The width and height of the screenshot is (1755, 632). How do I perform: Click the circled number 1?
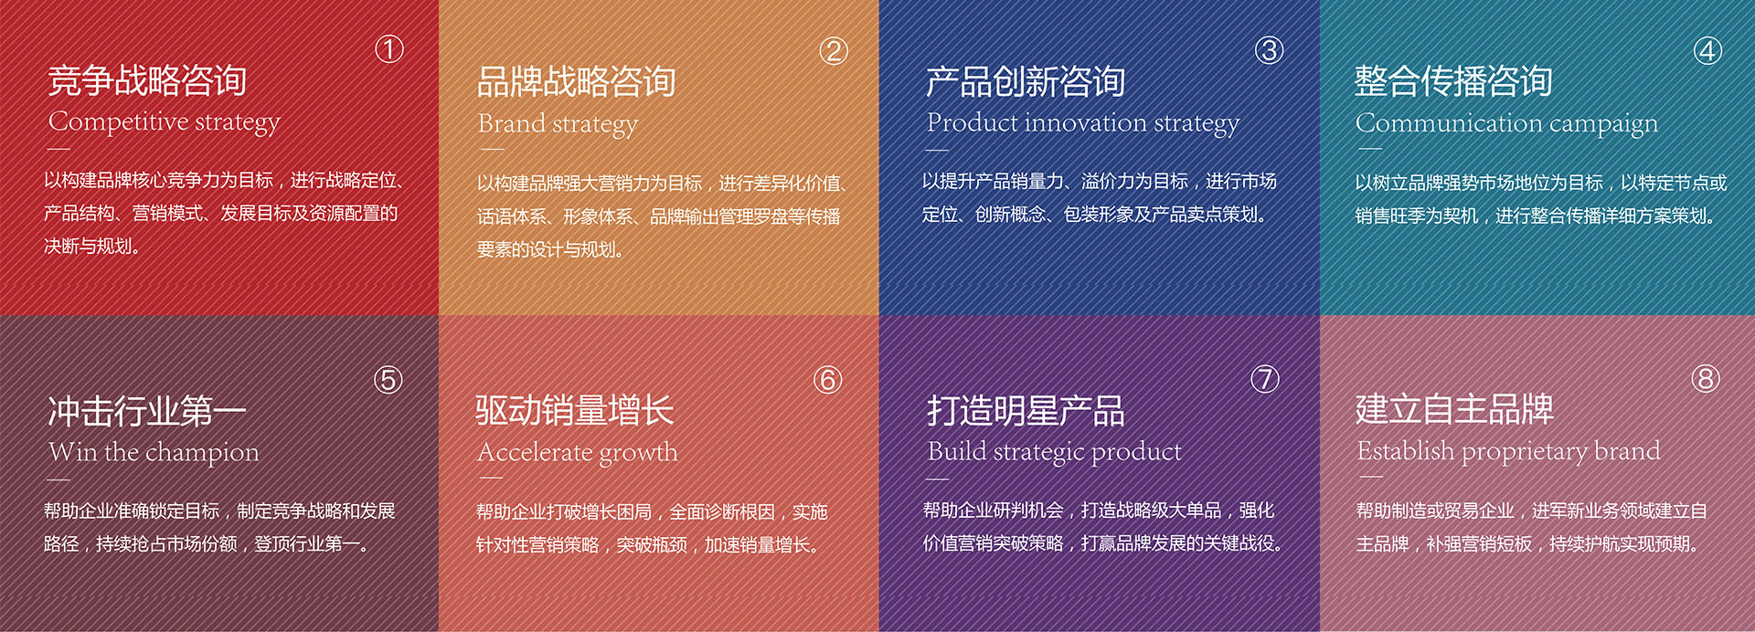pos(389,49)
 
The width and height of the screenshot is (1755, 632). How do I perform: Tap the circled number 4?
pos(1707,50)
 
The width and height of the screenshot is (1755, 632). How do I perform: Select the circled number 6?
pos(828,379)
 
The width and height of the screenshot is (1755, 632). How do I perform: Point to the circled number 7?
pos(1265,378)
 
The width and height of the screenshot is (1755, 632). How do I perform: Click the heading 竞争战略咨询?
pos(147,80)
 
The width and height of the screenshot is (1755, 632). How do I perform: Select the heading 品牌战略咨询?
pos(577,82)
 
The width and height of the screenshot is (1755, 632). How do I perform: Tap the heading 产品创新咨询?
pos(1026,82)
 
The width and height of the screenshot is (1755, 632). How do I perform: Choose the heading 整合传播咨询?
pos(1454,81)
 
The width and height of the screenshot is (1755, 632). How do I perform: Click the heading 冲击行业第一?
pos(147,411)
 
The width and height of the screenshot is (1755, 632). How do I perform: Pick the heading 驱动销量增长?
pos(575,410)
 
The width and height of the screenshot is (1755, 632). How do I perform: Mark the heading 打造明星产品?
pos(1026,410)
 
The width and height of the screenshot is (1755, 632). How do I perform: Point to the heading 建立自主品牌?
pos(1455,409)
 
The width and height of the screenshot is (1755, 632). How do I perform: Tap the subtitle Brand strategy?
pos(558,124)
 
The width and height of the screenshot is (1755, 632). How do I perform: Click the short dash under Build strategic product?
pos(937,478)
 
